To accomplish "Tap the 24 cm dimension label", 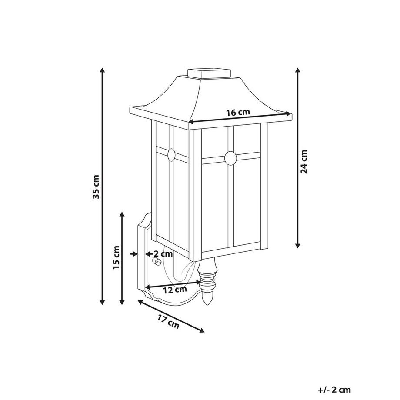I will coord(304,162).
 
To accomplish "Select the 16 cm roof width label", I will coord(238,112).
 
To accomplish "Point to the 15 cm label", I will coord(116,258).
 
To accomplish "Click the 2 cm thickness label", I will coord(162,253).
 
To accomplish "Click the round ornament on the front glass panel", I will coord(230,158).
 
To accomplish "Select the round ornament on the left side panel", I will coord(171,154).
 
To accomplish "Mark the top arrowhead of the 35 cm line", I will coord(103,71).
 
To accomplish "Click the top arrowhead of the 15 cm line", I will coord(122,215).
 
